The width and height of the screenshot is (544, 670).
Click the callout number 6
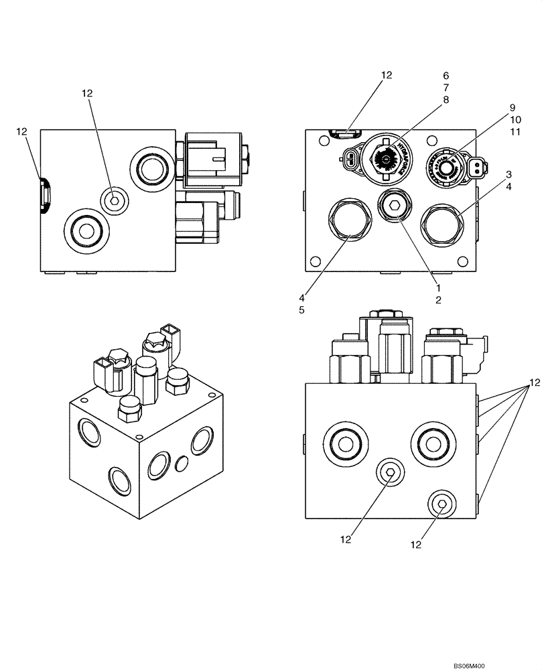(x=446, y=76)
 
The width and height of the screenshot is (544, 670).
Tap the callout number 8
(x=446, y=100)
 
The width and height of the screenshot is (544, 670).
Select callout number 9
(x=512, y=108)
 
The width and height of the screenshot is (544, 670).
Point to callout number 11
(x=515, y=132)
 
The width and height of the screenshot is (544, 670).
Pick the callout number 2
(x=437, y=300)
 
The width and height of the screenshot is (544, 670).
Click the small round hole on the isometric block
(x=181, y=463)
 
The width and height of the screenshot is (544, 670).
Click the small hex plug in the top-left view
(x=114, y=198)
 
